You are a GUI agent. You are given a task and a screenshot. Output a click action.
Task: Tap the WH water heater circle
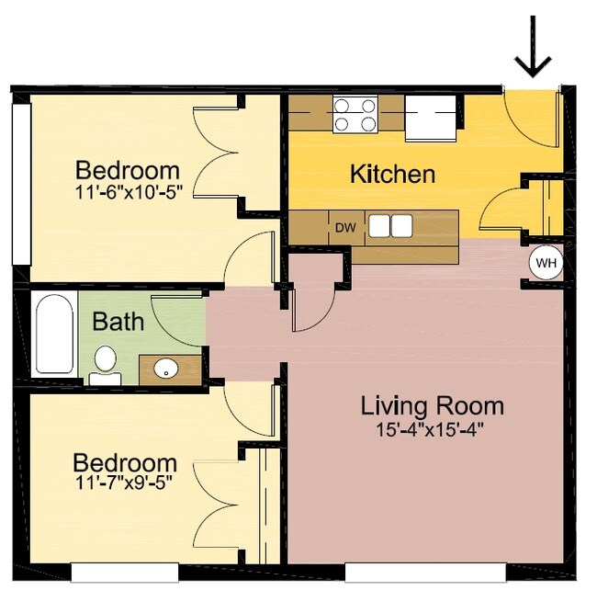[x=546, y=264]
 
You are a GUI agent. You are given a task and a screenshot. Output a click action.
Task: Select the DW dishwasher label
[x=344, y=227]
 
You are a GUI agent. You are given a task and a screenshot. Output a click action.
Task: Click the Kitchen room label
[x=392, y=174]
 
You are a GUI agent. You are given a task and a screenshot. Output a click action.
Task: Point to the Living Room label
[x=432, y=405]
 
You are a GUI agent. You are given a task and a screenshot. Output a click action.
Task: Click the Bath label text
[x=118, y=322]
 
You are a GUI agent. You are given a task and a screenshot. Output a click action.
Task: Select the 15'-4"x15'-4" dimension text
[x=431, y=428]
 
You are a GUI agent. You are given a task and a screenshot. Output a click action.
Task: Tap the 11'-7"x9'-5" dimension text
[x=124, y=482]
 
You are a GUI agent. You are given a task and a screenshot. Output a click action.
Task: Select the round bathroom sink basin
[x=166, y=369]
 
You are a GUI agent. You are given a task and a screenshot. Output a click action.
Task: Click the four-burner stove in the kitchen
[x=355, y=116]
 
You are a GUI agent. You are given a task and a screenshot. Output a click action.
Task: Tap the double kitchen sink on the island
[x=391, y=226]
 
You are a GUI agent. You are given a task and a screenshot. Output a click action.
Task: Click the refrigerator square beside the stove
[x=430, y=119]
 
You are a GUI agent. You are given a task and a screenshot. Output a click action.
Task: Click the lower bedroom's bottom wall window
[x=123, y=573]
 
